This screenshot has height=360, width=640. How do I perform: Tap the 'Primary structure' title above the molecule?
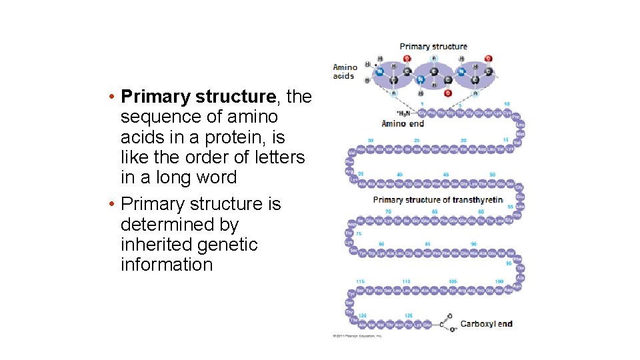point(433,47)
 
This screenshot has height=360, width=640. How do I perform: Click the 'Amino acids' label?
point(345,71)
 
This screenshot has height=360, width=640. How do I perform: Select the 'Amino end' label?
point(403,123)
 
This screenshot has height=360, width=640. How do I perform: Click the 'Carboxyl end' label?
point(487,324)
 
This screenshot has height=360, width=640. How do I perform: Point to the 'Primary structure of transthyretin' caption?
point(437,200)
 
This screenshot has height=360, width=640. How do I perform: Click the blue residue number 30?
point(370,141)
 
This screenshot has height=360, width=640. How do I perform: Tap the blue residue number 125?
point(408,315)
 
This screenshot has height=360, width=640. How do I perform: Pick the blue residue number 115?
point(361,282)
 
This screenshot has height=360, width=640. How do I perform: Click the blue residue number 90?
point(473,244)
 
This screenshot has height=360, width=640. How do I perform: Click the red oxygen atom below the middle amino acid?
point(447,93)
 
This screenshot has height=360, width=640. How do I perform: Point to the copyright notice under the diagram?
point(357,336)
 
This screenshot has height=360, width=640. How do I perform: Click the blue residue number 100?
point(499,282)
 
